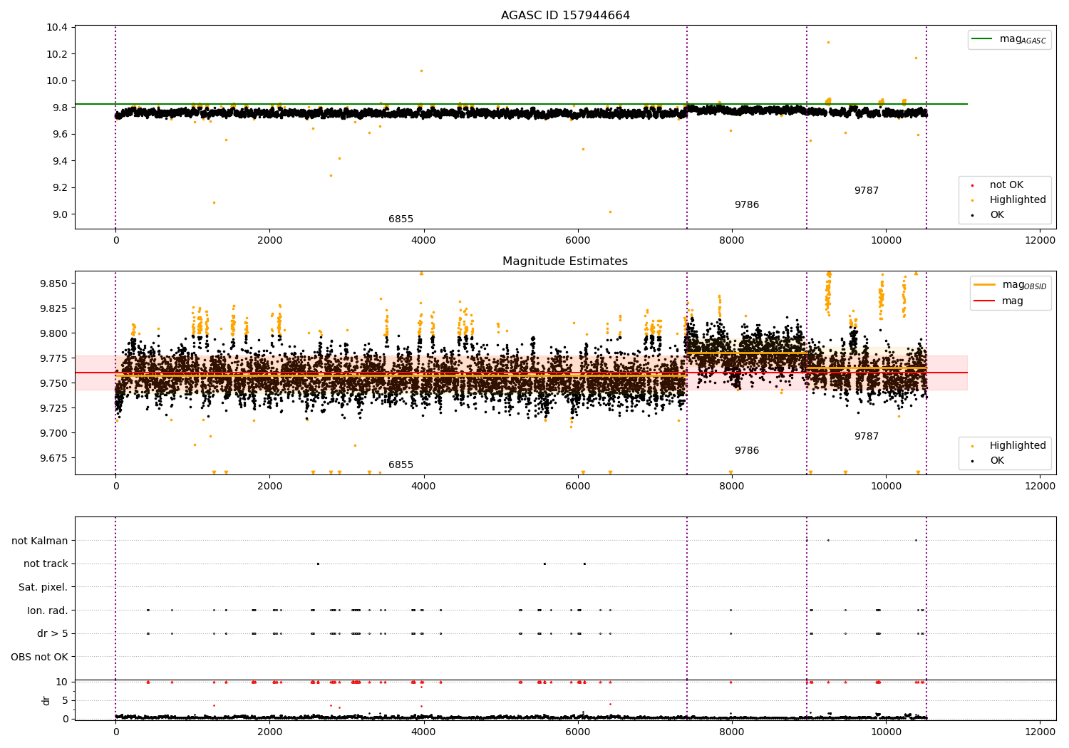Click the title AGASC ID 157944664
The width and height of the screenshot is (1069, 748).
565,16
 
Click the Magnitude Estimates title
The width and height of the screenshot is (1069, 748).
565,261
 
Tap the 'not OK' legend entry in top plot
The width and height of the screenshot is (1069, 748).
1006,185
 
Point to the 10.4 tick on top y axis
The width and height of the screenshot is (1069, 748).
57,27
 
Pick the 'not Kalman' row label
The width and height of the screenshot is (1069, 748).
40,541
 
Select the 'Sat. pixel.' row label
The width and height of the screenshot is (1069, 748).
43,587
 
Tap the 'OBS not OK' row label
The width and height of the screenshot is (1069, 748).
39,657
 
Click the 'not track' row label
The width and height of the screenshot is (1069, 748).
46,563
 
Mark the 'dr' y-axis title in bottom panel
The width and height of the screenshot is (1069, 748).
46,700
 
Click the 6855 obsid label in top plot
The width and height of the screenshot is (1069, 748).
401,219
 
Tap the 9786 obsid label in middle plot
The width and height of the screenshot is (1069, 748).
746,451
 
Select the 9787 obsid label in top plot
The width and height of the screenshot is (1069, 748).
866,191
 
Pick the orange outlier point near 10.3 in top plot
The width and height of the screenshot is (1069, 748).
828,42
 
